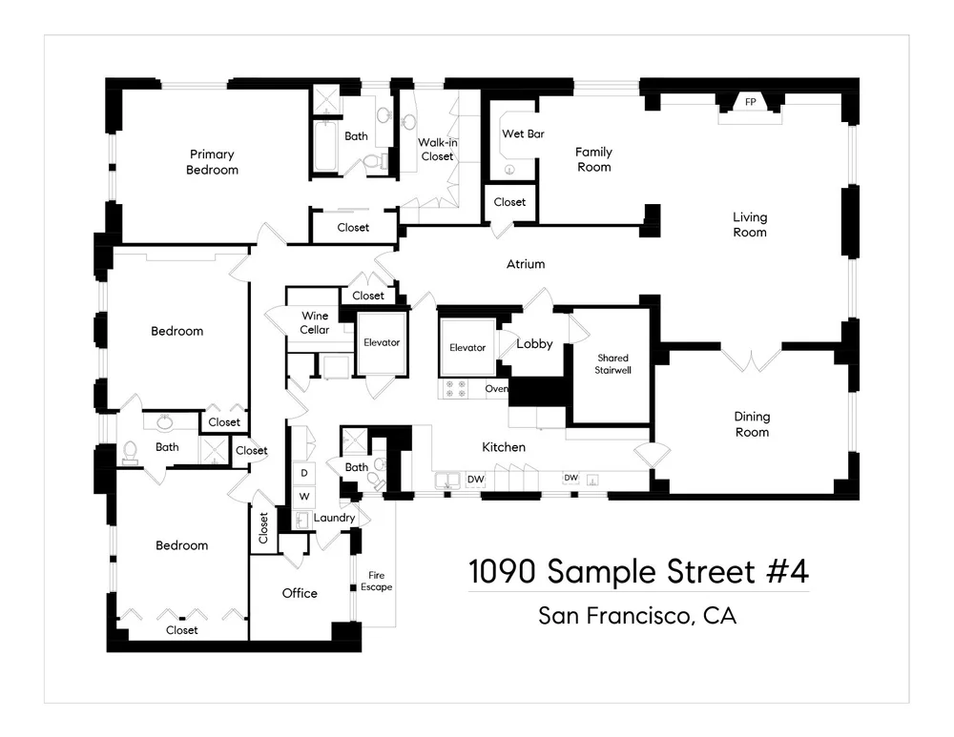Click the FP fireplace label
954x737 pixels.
750,102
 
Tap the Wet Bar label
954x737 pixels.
523,134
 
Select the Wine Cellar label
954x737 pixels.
315,323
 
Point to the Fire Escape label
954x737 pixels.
376,581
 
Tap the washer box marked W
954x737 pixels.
304,497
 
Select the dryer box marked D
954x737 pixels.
304,473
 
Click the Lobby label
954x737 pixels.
534,344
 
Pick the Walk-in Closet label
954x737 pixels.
437,150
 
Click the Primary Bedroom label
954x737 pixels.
212,162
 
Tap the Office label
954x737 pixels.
300,593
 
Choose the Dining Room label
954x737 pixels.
752,424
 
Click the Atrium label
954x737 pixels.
526,264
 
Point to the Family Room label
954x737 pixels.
593,159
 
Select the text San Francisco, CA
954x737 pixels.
637,616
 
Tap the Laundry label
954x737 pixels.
334,518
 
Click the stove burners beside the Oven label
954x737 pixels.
455,388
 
